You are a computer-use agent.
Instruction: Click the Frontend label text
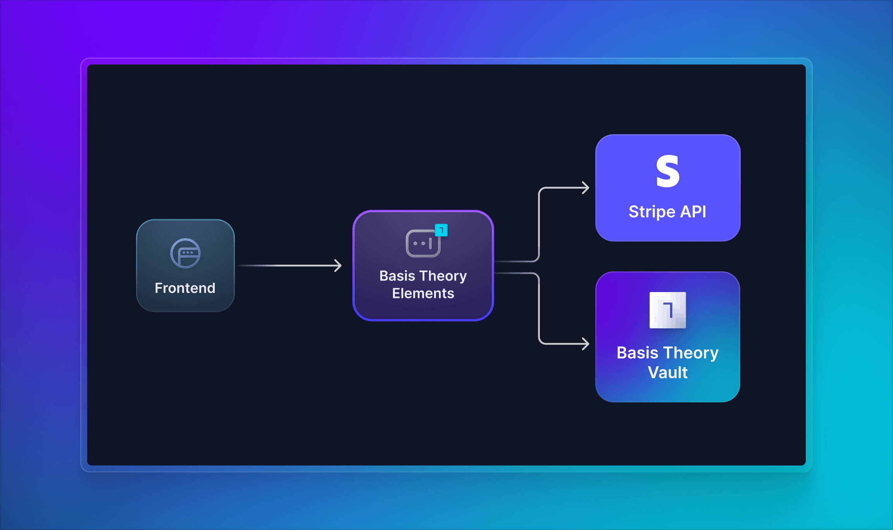click(185, 288)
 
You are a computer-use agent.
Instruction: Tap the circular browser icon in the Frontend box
click(186, 253)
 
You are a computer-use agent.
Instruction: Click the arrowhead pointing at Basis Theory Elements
click(338, 265)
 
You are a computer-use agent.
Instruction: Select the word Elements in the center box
click(423, 294)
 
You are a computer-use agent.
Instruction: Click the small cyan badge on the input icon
click(441, 230)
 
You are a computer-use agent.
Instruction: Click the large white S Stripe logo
click(667, 171)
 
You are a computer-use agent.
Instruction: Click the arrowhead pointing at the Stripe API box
click(586, 188)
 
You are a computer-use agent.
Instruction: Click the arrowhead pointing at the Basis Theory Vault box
click(586, 343)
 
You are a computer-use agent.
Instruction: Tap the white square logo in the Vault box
click(667, 310)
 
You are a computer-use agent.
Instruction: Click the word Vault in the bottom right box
click(667, 373)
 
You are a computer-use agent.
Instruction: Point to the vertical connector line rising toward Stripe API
click(539, 225)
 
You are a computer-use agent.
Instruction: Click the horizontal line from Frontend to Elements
click(287, 265)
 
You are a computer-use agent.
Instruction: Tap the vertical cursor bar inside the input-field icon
click(431, 244)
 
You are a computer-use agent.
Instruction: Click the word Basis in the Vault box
click(637, 353)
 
